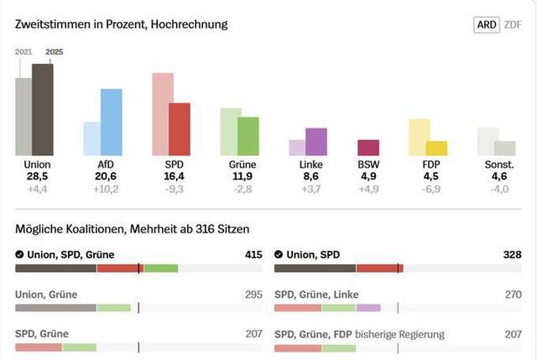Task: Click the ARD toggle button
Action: point(486,24)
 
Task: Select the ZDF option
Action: point(513,24)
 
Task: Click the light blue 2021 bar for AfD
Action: point(91,138)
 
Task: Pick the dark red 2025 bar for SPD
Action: point(180,129)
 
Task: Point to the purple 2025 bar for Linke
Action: point(315,142)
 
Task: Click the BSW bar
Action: point(368,148)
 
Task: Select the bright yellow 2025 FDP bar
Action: point(436,149)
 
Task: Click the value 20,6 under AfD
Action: point(106,176)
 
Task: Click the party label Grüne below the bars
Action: point(242,164)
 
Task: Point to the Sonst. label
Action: point(499,164)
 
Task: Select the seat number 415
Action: point(252,254)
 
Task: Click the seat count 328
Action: point(511,254)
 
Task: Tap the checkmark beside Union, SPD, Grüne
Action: point(19,254)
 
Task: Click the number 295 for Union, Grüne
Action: point(252,295)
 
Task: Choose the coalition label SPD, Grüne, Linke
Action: point(315,295)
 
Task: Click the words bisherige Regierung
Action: point(399,334)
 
